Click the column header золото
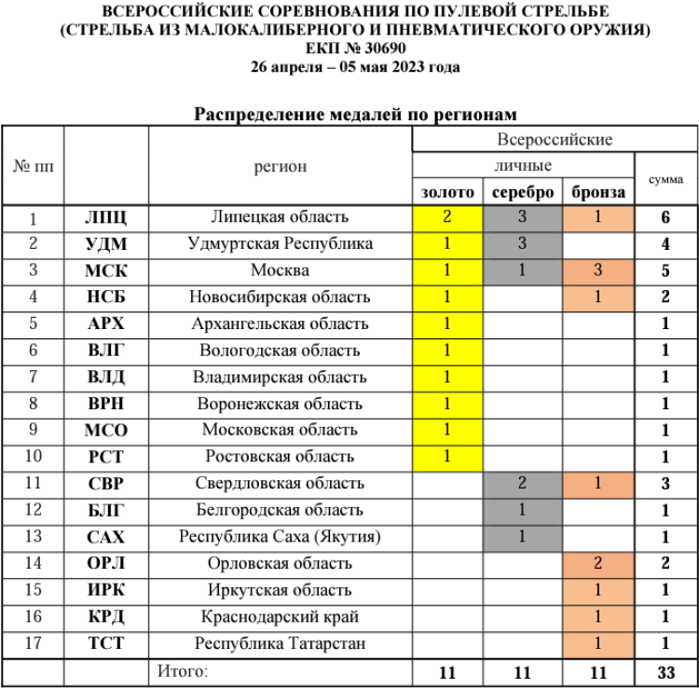(447, 192)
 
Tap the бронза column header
(597, 192)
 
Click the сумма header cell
(666, 178)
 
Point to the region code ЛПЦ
(105, 217)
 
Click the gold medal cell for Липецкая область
(447, 217)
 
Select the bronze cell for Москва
(597, 271)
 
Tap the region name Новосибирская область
(280, 297)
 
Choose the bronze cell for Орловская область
(597, 563)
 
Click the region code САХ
(105, 537)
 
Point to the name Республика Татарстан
(280, 643)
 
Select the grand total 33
(666, 672)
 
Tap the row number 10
(33, 458)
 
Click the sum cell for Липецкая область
(666, 217)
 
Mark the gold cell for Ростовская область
(447, 457)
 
